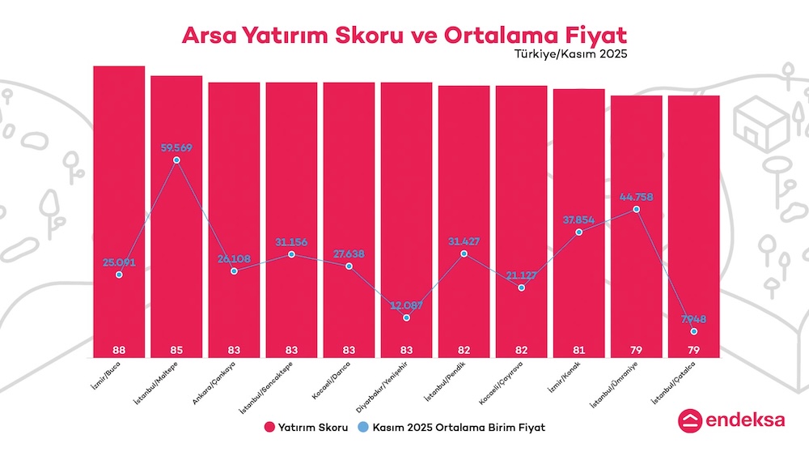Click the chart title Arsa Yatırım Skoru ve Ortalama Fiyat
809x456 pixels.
point(404,36)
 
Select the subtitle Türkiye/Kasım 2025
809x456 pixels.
point(570,55)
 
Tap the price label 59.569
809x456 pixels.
point(176,147)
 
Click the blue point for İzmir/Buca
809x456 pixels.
point(119,275)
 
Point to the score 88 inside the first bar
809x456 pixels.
point(119,351)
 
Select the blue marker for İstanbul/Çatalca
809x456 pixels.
point(693,331)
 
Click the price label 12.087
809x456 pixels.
point(406,305)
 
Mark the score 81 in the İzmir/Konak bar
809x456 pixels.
point(578,351)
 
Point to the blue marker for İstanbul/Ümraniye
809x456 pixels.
point(636,209)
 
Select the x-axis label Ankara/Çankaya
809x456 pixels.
point(217,383)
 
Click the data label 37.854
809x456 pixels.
point(578,219)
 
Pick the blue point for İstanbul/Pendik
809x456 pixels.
point(464,254)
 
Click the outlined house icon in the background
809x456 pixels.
point(760,121)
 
